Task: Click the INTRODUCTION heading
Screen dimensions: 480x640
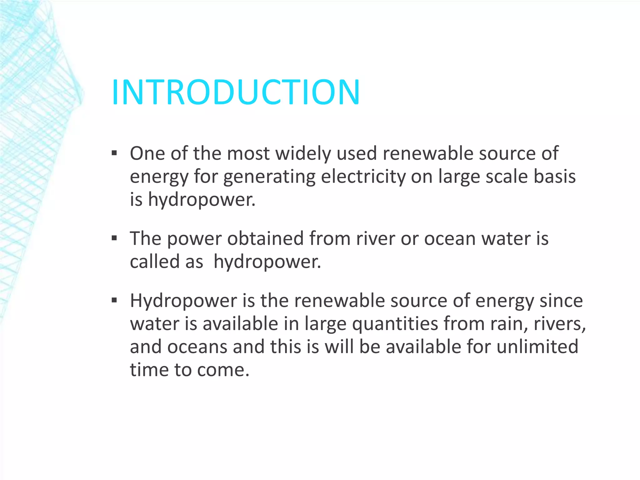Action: pyautogui.click(x=236, y=92)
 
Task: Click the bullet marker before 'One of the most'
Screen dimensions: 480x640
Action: pyautogui.click(x=114, y=153)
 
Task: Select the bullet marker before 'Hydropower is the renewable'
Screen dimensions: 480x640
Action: pyautogui.click(x=114, y=301)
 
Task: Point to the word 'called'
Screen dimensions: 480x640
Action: pyautogui.click(x=155, y=262)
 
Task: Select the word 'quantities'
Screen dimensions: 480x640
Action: pyautogui.click(x=395, y=324)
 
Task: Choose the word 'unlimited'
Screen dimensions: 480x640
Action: pyautogui.click(x=537, y=347)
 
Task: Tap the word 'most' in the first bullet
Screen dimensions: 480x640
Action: pyautogui.click(x=248, y=154)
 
